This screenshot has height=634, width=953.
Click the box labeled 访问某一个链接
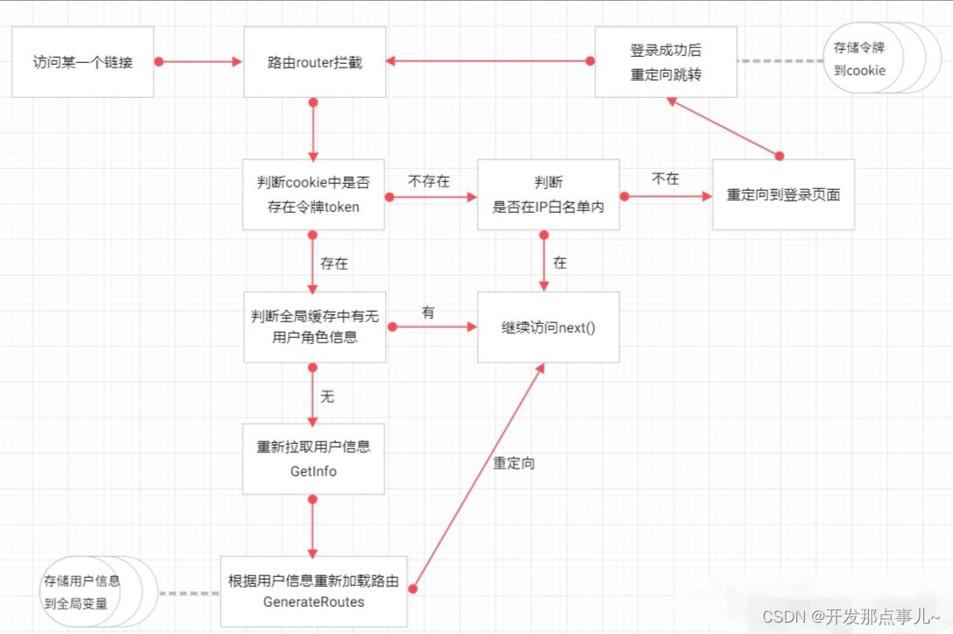83,62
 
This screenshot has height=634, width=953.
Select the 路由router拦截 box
314,62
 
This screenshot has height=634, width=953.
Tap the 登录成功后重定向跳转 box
666,62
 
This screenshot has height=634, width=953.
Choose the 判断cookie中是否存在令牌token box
313,194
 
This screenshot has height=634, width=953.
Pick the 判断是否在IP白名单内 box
549,194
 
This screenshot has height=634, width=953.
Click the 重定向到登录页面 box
783,194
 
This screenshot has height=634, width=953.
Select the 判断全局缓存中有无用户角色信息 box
313,327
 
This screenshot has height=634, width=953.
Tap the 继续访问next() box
549,327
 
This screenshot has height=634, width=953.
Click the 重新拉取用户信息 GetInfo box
313,459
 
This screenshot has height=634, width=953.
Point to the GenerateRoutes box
313,591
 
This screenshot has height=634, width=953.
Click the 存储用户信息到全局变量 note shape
82,591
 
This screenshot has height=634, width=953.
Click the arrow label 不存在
429,180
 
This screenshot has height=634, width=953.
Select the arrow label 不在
665,179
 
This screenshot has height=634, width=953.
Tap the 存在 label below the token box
334,263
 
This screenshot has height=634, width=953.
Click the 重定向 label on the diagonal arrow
514,463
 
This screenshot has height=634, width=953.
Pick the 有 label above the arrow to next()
428,312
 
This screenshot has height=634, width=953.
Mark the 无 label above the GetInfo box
327,397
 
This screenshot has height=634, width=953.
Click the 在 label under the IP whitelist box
560,262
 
